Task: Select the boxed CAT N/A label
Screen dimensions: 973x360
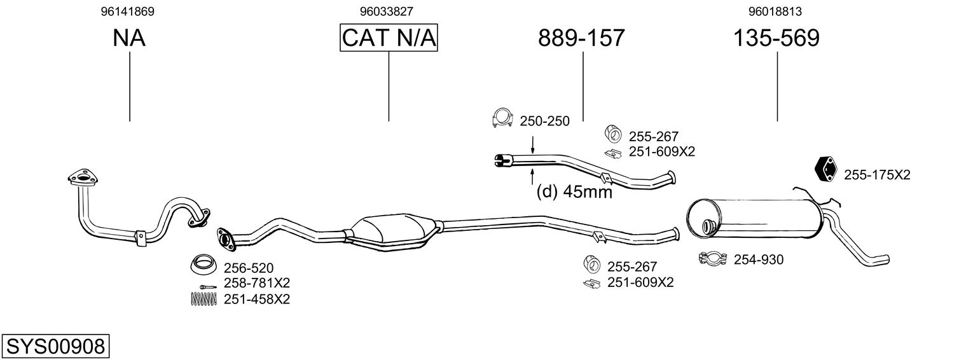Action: tap(389, 38)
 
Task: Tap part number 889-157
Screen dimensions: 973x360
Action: tap(581, 38)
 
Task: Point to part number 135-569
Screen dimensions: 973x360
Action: tap(776, 38)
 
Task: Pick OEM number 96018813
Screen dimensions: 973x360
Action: tap(775, 11)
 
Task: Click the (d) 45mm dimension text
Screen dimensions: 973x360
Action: tap(574, 191)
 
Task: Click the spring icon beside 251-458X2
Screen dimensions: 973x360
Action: tap(203, 298)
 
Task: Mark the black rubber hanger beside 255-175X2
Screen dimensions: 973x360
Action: tap(827, 168)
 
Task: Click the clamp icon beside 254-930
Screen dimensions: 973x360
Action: tap(713, 259)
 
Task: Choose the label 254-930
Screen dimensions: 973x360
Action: tap(758, 260)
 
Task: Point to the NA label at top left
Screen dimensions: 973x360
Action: tap(129, 38)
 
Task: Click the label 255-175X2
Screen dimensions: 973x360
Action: tap(877, 175)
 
